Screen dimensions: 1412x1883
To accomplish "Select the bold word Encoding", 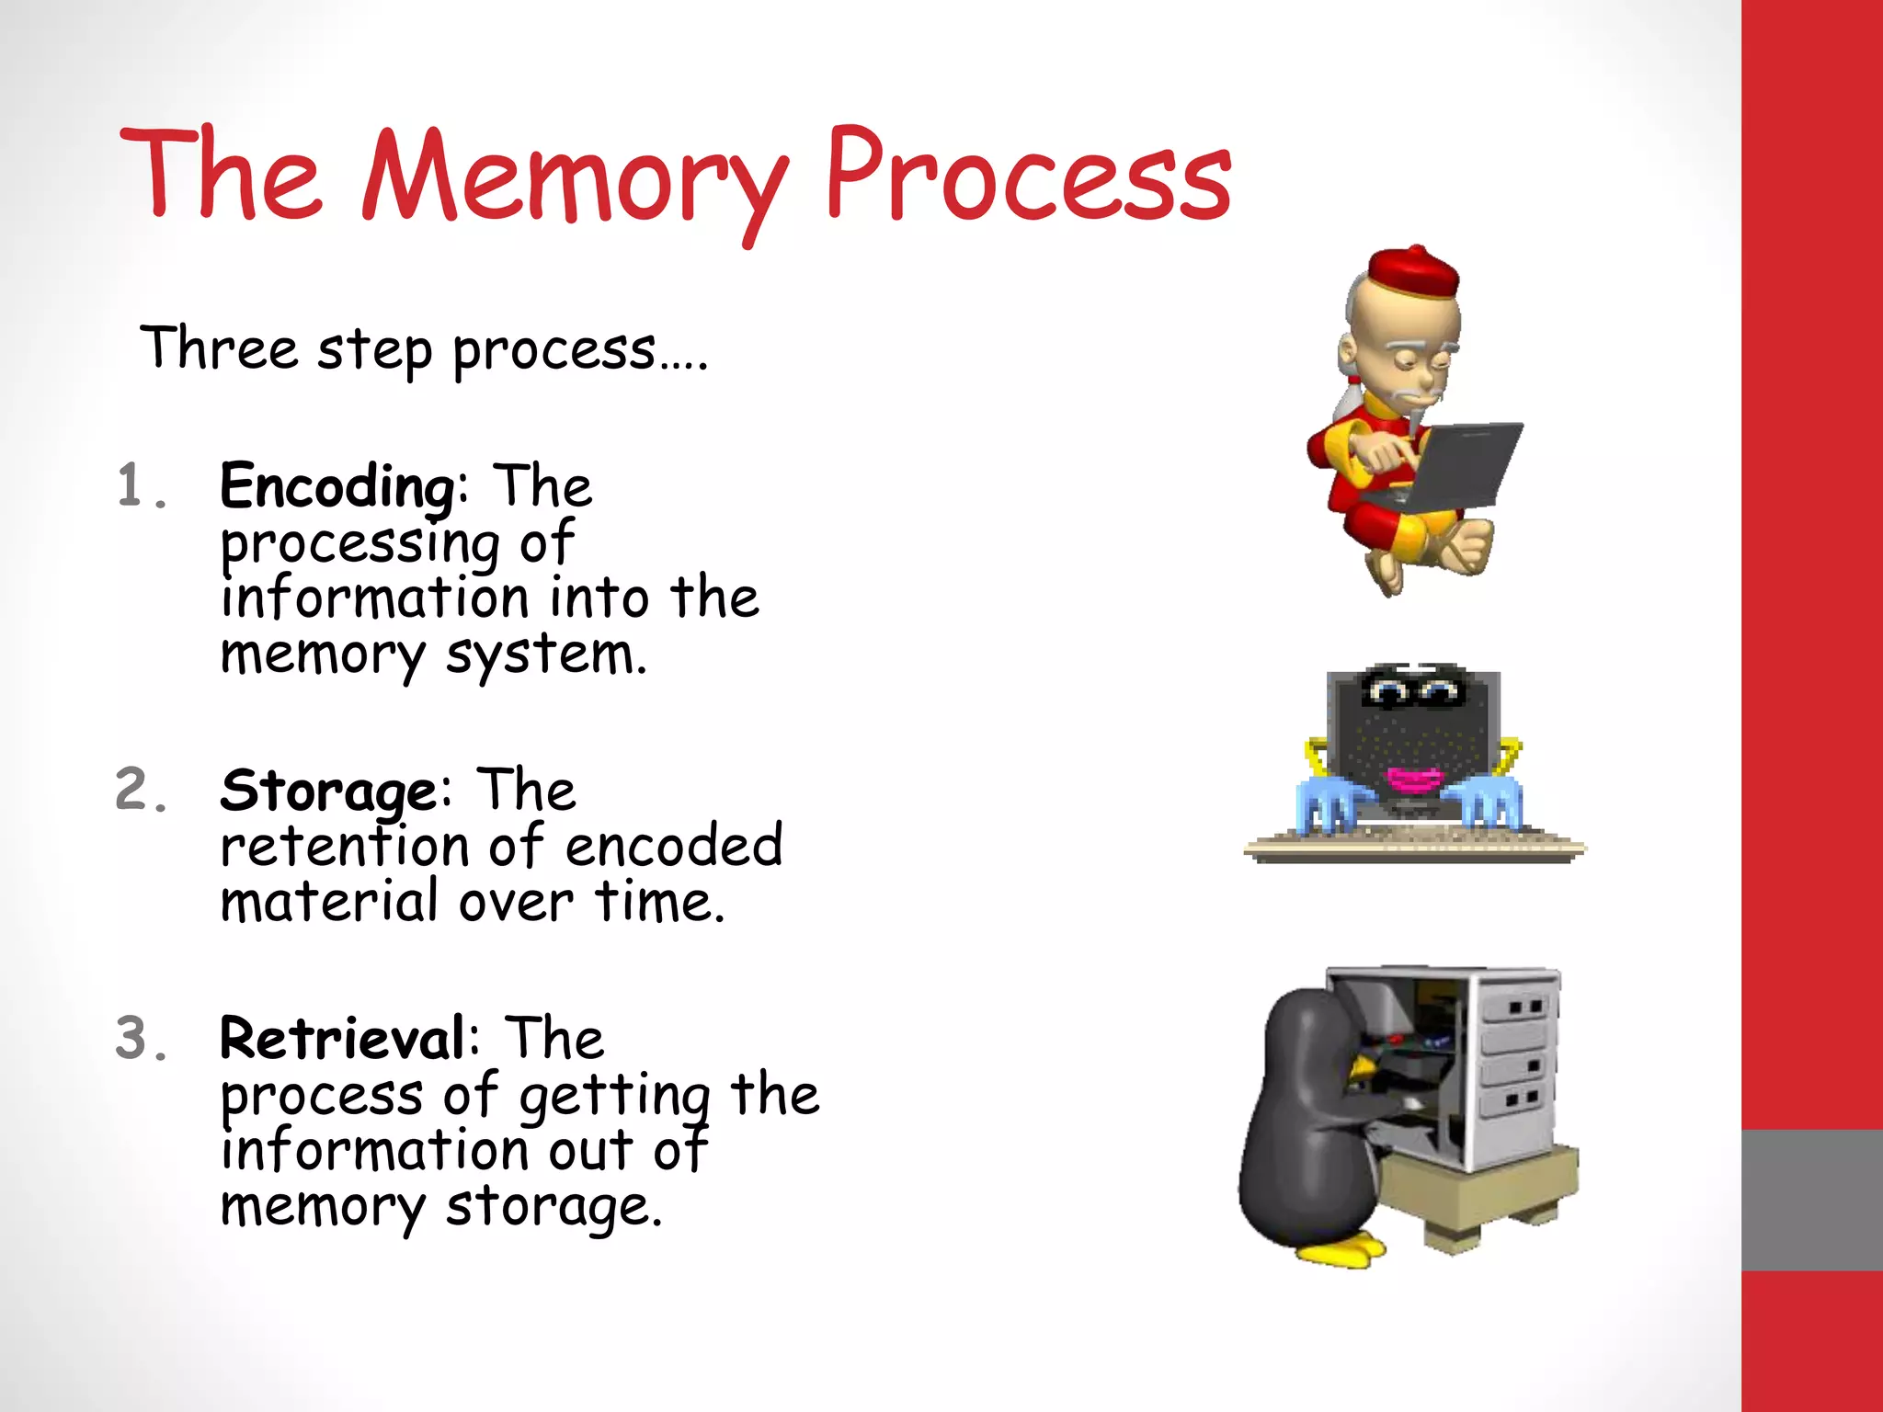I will [x=337, y=486].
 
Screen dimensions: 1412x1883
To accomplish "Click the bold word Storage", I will [x=328, y=791].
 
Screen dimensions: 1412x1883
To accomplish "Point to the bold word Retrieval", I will [x=342, y=1039].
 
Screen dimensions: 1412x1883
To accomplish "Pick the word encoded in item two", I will [x=673, y=847].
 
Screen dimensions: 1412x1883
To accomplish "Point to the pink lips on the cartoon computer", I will [x=1414, y=780].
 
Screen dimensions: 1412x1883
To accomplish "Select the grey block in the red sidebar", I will [x=1811, y=1200].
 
